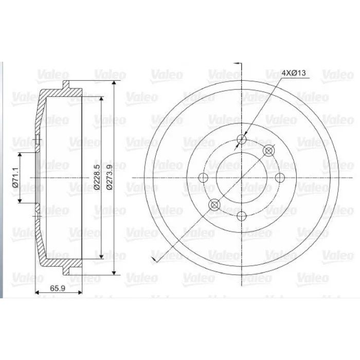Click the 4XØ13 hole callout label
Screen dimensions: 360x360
294,73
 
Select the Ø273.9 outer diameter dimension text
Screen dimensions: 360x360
110,177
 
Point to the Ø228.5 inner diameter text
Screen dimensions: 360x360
97,177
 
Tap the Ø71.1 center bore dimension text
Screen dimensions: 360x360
16,177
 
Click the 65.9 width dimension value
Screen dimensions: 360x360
58,288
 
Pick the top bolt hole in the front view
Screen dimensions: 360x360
241,139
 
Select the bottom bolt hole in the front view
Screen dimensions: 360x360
241,216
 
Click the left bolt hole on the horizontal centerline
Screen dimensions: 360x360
203,177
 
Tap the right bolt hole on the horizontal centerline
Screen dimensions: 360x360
280,177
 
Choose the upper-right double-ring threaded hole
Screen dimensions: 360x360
268,151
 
